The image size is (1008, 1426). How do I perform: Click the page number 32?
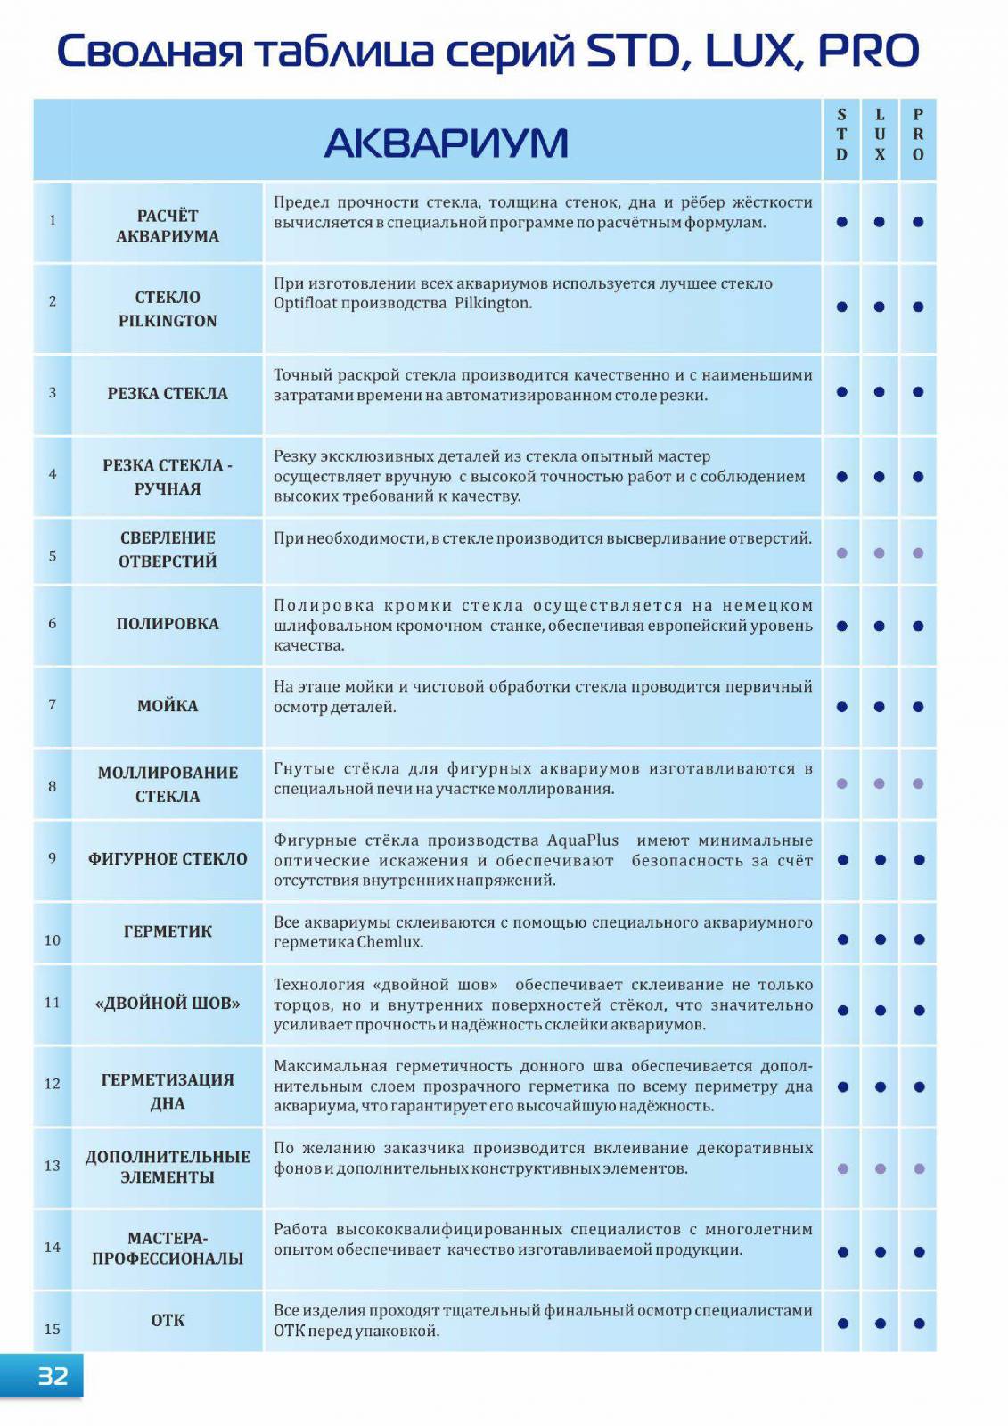click(53, 1376)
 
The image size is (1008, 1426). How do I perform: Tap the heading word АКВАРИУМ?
click(446, 143)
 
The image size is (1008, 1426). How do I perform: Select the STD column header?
click(841, 135)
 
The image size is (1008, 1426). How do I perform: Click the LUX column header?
click(880, 135)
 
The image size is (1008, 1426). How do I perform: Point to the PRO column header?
click(918, 135)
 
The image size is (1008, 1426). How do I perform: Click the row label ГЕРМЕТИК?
click(168, 931)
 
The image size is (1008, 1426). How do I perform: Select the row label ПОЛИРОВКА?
click(168, 624)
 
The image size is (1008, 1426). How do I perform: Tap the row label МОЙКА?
click(168, 706)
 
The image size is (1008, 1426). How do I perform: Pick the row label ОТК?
click(168, 1320)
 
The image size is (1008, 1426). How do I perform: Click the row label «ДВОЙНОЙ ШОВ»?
click(168, 1003)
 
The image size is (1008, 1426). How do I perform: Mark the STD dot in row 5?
click(841, 553)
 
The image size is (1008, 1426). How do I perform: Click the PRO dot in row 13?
click(919, 1168)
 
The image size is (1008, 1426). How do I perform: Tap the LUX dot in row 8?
click(880, 783)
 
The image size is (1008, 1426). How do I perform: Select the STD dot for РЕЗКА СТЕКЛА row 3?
click(841, 391)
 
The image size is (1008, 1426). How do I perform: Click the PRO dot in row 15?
click(919, 1324)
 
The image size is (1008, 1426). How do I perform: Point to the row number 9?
click(53, 858)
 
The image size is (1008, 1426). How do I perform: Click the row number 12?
click(53, 1084)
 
